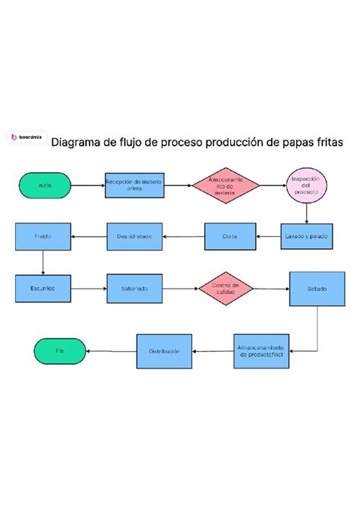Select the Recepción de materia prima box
(134, 185)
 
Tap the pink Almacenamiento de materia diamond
(226, 185)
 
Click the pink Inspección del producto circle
(306, 185)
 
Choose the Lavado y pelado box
(307, 236)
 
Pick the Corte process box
(229, 236)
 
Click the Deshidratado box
(134, 236)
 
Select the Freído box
(43, 236)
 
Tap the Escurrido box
(43, 289)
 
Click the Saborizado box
(134, 289)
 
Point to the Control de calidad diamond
(226, 289)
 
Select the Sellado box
(316, 289)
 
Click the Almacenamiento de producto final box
(263, 350)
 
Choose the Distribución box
(164, 351)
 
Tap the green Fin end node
(60, 351)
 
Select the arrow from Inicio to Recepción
(88, 185)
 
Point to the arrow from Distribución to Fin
(111, 351)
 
